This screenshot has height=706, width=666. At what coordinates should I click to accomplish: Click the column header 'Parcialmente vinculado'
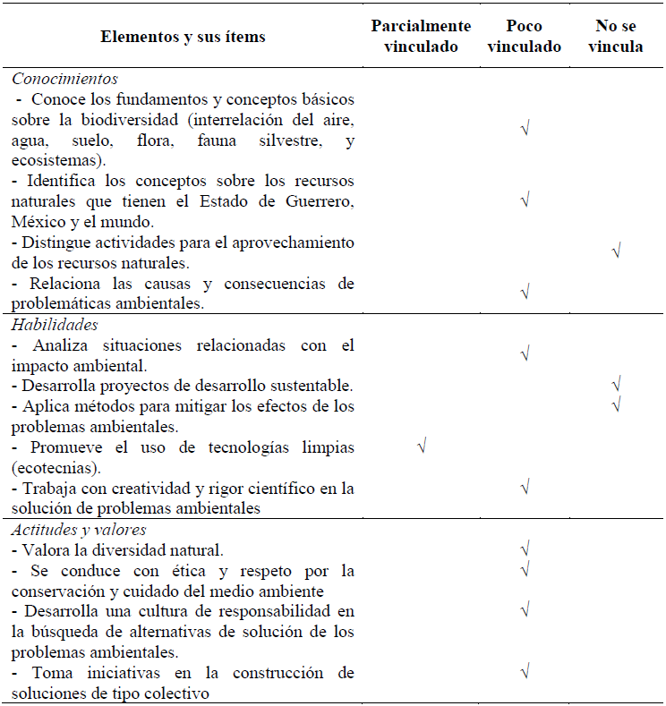tap(421, 37)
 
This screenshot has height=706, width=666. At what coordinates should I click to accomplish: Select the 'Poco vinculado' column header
tap(525, 37)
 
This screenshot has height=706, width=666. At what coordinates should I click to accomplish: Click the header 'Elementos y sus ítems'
tap(184, 37)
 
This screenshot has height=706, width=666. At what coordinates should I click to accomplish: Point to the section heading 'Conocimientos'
tap(65, 79)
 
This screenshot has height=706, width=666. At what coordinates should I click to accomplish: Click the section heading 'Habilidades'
tap(55, 325)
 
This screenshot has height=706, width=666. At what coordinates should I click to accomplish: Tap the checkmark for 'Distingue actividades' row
tap(616, 251)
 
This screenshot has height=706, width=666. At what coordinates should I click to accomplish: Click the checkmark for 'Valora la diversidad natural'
tap(525, 548)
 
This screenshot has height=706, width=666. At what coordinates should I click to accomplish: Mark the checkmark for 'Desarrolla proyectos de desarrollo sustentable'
tap(616, 386)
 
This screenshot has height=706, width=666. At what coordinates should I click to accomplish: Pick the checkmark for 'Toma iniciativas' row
tap(525, 671)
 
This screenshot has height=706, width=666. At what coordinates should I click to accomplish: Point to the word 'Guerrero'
tap(319, 201)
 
